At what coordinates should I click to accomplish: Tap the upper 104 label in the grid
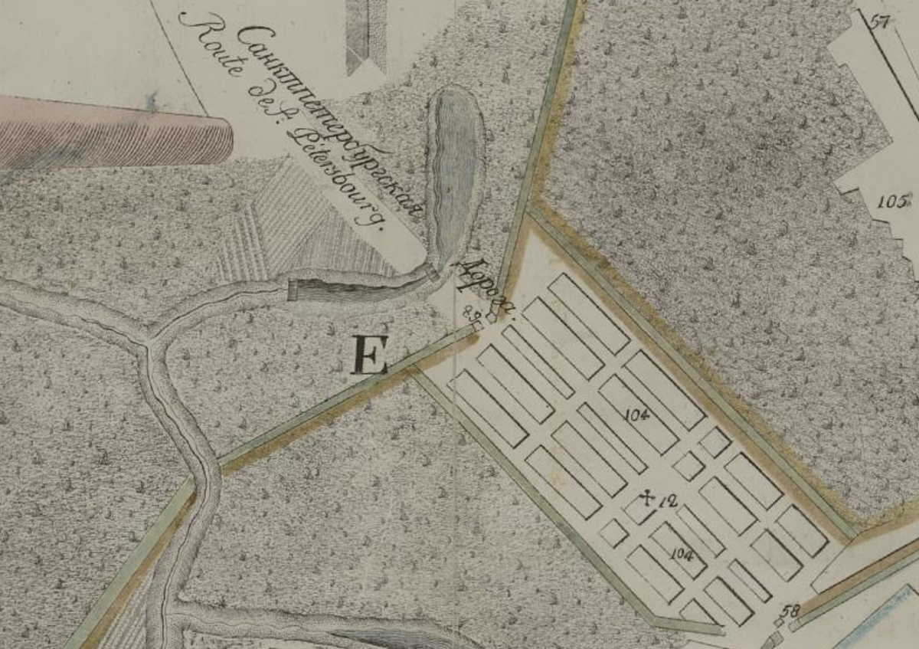pos(636,415)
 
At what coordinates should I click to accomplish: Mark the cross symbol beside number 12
pos(647,499)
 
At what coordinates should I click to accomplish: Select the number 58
pos(791,611)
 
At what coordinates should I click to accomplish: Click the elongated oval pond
pos(457,172)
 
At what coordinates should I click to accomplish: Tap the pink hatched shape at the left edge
pos(115,134)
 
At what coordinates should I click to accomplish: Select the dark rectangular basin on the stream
pos(329,290)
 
